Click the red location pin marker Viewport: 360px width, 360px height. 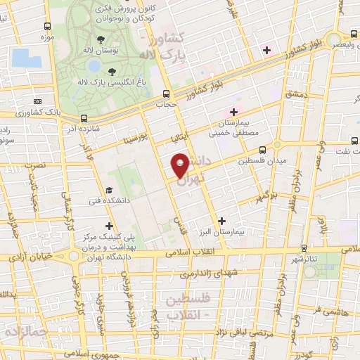click(x=181, y=165)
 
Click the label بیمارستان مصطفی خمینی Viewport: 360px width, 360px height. click(x=236, y=128)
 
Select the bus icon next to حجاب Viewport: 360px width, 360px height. click(x=167, y=93)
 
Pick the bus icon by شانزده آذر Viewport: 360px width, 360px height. click(x=84, y=118)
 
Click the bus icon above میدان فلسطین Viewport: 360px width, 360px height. click(x=262, y=149)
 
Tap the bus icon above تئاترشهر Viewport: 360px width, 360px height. click(x=304, y=247)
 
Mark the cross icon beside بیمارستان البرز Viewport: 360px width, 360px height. click(x=222, y=220)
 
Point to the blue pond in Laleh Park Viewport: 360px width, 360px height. click(x=94, y=66)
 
